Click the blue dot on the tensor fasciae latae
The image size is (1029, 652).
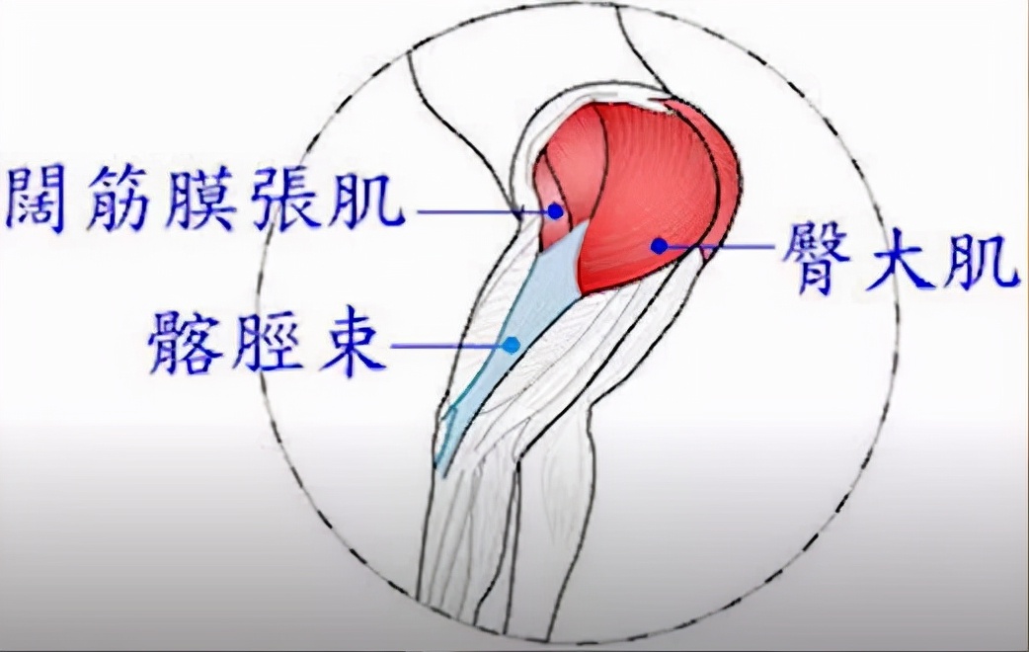[556, 210]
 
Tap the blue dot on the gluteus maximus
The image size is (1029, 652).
[658, 244]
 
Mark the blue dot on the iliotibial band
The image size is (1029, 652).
[511, 345]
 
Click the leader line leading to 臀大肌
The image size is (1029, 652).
[721, 245]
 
